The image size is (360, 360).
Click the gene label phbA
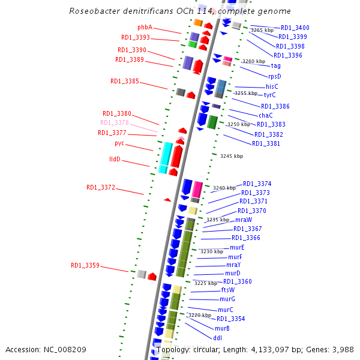click(x=145, y=28)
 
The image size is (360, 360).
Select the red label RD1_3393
click(x=136, y=38)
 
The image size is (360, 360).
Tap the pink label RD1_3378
click(x=114, y=122)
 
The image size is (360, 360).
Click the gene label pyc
click(x=119, y=143)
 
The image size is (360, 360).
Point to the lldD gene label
click(x=115, y=160)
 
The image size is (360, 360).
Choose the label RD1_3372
click(x=100, y=187)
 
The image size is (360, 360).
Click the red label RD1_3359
click(x=85, y=265)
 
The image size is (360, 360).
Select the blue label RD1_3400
click(x=295, y=28)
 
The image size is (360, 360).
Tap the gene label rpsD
click(x=274, y=76)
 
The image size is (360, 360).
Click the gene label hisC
click(x=272, y=86)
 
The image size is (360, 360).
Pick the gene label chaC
click(x=266, y=115)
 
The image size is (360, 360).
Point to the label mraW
click(x=244, y=220)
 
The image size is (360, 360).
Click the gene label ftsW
click(x=228, y=290)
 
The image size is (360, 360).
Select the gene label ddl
click(x=218, y=338)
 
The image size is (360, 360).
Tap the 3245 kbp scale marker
click(x=232, y=156)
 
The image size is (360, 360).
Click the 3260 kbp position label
click(x=253, y=61)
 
